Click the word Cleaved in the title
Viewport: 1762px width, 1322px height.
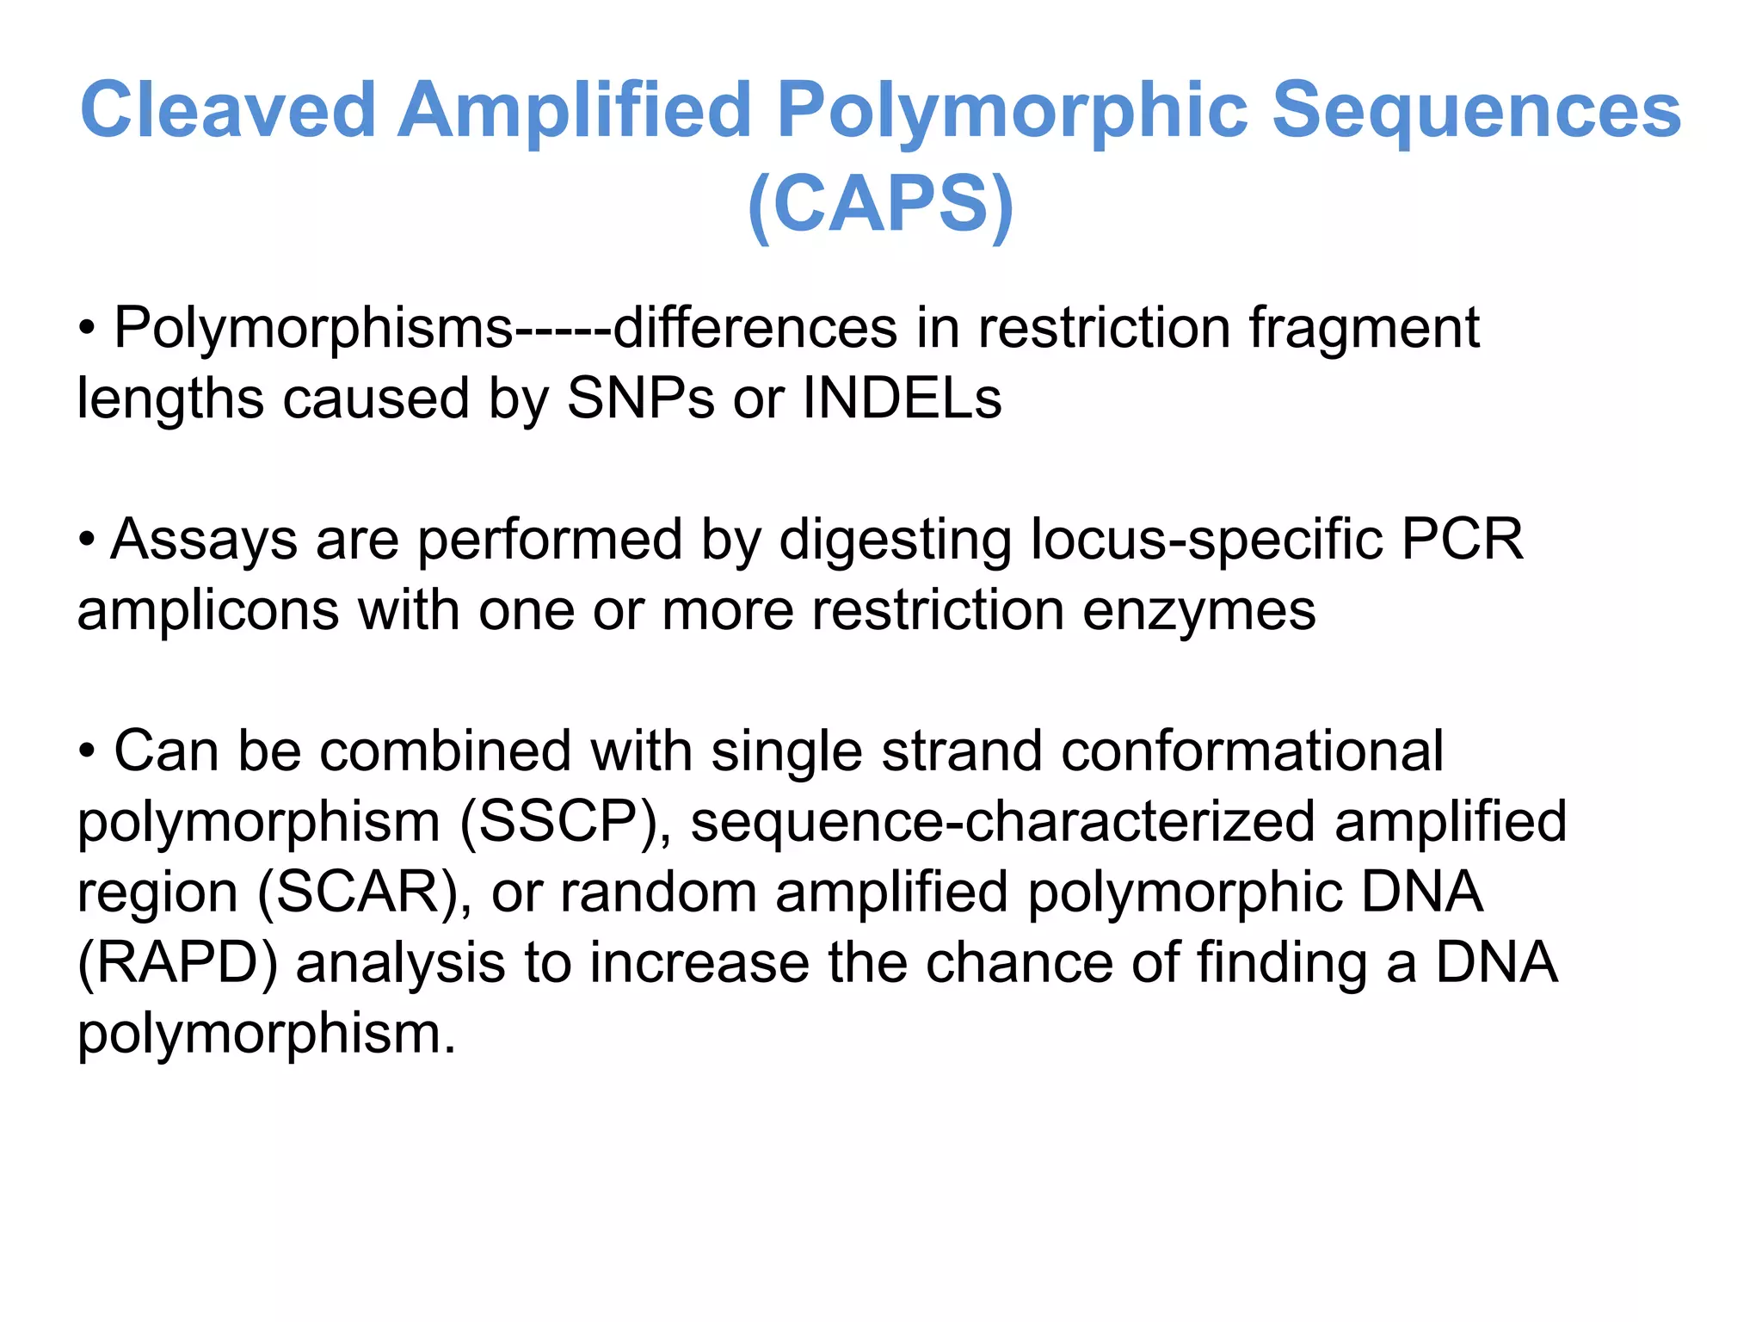pos(228,109)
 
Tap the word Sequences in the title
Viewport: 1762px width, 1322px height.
pos(1476,109)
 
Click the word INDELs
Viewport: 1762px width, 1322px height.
pos(903,398)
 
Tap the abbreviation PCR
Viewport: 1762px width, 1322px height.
pos(1463,540)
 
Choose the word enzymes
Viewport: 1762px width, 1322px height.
pos(1198,611)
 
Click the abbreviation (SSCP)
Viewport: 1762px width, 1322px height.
pos(564,822)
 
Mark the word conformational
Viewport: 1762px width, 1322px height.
pos(1252,751)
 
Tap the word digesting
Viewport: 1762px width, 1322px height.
pos(895,541)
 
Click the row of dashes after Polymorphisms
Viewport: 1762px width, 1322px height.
pos(563,329)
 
